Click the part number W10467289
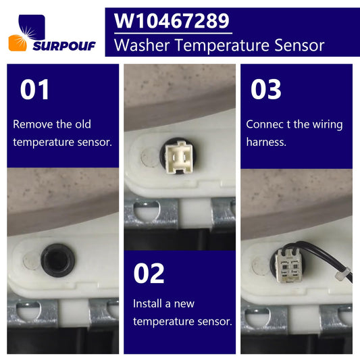click(172, 21)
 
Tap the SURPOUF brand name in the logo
click(64, 46)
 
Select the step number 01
click(34, 89)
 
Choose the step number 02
click(149, 274)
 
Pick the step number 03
click(266, 89)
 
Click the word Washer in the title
click(142, 45)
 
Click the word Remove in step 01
click(33, 124)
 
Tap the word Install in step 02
click(147, 303)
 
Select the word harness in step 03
click(266, 142)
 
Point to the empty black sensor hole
click(57, 260)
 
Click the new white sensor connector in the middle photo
click(179, 157)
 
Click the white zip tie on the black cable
click(342, 274)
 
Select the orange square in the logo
click(18, 43)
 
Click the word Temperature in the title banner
click(222, 46)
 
